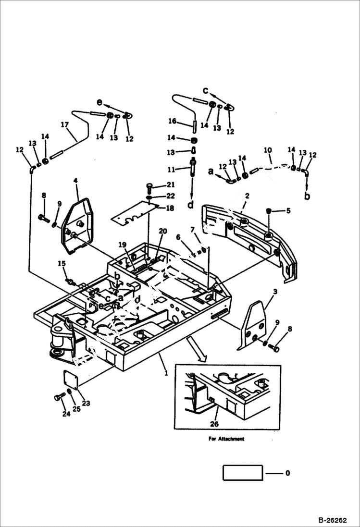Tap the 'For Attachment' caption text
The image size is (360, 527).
pos(226,439)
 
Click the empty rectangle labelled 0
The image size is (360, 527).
pos(243,473)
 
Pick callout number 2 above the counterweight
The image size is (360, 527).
pos(247,196)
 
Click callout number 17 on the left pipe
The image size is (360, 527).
pos(64,124)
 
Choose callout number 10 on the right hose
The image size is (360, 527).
pos(268,151)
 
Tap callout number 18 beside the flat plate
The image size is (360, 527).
pos(170,208)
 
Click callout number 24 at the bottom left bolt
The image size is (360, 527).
pos(66,413)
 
